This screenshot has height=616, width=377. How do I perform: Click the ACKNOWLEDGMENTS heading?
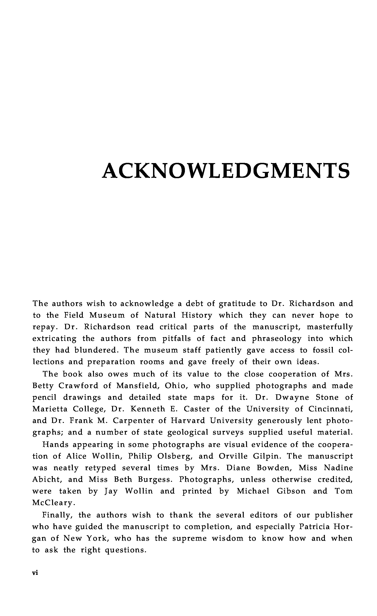coord(226,171)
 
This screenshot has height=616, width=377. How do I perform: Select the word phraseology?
coord(277,339)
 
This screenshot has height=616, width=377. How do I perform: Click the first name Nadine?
coord(338,468)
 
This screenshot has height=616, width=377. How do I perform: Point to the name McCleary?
coord(53,503)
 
